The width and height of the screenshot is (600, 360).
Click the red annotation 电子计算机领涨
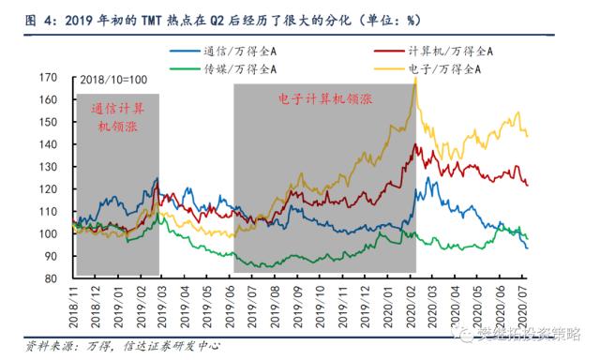[x=323, y=97]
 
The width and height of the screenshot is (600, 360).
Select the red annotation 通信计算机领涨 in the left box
[x=117, y=119]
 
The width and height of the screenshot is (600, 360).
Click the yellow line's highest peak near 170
[x=414, y=79]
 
